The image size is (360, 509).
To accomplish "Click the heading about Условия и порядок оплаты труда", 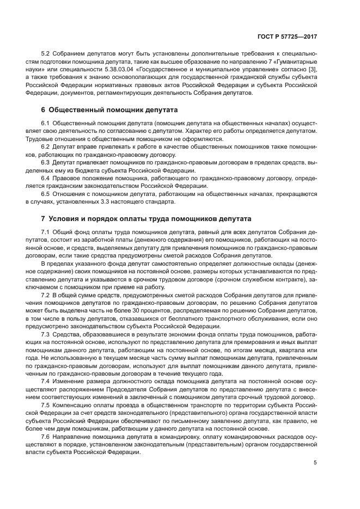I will pos(139,219).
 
